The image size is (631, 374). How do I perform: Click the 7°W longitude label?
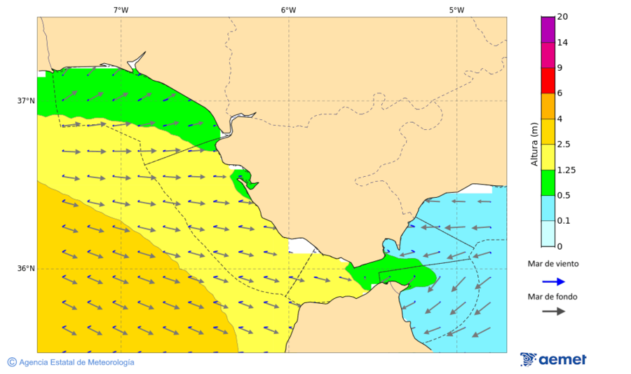(121, 10)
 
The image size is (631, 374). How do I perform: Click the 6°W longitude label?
(288, 10)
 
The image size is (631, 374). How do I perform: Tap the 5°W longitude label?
(456, 10)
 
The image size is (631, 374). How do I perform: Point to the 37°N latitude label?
(26, 100)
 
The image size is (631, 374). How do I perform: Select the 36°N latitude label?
(26, 269)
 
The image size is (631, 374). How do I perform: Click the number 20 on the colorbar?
(562, 17)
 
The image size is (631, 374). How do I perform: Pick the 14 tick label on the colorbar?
(562, 42)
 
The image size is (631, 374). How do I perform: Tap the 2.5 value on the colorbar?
(564, 145)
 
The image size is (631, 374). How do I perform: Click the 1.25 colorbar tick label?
(566, 170)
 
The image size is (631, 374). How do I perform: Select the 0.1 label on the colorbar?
(564, 221)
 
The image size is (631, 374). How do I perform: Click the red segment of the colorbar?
(548, 80)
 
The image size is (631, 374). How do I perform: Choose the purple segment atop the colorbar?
(548, 29)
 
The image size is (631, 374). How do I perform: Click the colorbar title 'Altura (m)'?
(534, 143)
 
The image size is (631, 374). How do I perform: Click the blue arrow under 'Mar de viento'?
(553, 281)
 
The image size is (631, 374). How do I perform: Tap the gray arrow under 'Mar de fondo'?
(553, 311)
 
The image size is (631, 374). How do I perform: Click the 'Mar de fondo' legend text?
(553, 297)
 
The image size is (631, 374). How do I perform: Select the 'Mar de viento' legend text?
(553, 264)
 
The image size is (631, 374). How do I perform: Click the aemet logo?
(553, 359)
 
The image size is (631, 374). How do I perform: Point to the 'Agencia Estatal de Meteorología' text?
(76, 362)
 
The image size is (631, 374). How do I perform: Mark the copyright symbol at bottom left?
(12, 362)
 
